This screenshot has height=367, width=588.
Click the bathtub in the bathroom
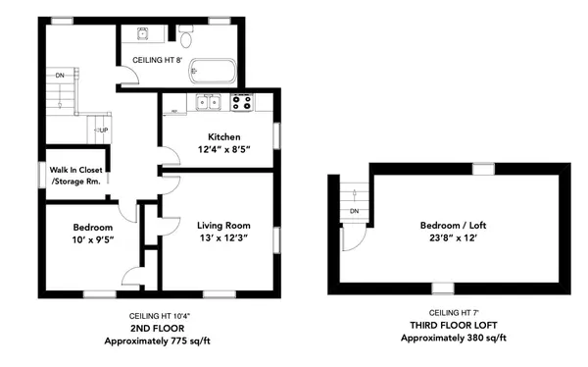(x=213, y=72)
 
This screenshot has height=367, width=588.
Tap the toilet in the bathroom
(x=186, y=37)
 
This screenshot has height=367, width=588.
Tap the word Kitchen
(x=224, y=136)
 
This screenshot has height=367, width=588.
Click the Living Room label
(x=223, y=225)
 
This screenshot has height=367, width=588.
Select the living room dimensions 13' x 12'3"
(x=223, y=237)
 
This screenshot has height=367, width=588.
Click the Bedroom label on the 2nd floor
(x=79, y=228)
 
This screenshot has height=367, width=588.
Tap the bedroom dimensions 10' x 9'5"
(x=79, y=240)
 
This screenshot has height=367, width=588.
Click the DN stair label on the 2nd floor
(x=60, y=75)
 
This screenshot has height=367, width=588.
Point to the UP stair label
(x=103, y=131)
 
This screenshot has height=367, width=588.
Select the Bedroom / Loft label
(x=453, y=224)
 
